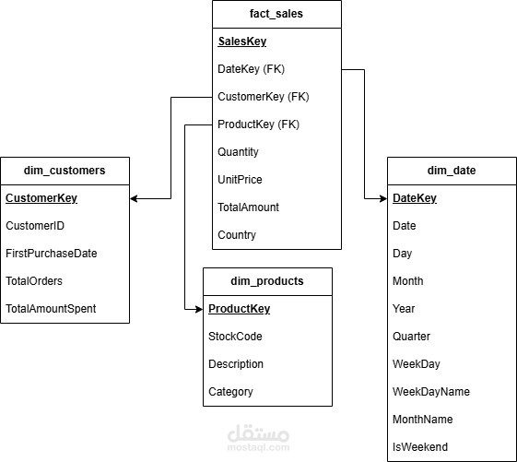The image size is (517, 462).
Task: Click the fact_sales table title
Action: pos(276,14)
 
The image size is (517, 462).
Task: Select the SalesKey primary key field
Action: pos(242,41)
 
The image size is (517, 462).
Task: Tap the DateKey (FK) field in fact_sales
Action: pos(251,69)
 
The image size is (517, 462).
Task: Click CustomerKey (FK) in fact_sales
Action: pos(264,97)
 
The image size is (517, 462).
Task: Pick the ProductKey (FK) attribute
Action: pos(258,124)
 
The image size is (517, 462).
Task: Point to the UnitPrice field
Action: pos(240,180)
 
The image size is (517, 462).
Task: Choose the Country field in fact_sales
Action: pos(237,235)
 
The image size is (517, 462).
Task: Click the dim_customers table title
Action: pos(65,171)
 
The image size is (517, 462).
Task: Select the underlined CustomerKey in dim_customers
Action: pos(41,198)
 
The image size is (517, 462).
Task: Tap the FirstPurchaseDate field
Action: pos(52,254)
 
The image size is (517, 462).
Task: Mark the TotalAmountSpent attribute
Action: pos(51,309)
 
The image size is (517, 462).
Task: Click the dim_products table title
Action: pos(267,281)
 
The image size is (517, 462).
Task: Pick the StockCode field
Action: pos(235,337)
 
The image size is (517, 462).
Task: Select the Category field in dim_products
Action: pos(230,392)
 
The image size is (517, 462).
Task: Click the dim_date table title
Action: pos(452,171)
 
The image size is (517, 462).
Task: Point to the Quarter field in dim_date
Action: pos(411,337)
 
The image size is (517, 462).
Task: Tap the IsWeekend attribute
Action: pos(420,447)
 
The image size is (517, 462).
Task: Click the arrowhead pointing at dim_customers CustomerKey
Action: pos(134,198)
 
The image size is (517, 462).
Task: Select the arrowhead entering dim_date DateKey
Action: pos(383,198)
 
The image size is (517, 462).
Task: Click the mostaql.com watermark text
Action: pos(258,448)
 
